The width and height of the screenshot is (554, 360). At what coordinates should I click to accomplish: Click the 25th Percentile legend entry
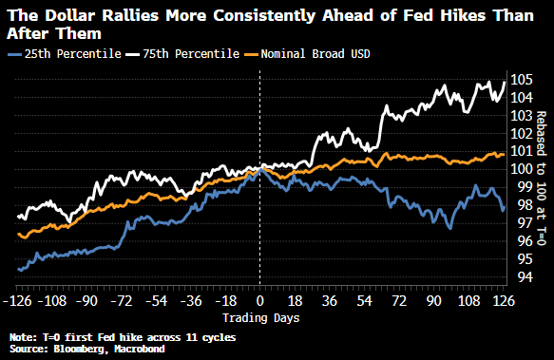point(65,54)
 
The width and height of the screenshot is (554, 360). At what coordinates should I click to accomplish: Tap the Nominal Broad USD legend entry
point(307,54)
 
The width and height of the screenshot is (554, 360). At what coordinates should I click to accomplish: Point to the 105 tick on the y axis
point(522,80)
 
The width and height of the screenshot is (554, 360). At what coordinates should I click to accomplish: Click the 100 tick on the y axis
point(522,169)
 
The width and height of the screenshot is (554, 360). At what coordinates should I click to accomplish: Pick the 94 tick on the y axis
point(518,277)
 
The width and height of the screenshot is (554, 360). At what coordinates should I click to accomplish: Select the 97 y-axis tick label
point(518,223)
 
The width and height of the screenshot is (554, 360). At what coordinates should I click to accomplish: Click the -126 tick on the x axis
point(17,301)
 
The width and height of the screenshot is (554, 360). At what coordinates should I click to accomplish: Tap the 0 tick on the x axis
point(260,301)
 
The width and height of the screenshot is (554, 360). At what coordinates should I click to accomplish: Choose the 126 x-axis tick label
point(504,301)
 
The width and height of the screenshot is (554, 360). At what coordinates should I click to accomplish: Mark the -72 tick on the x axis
point(122,301)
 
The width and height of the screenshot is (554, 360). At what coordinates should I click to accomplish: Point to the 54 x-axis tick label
point(364,301)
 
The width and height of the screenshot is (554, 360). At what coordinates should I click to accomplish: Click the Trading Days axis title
point(261,318)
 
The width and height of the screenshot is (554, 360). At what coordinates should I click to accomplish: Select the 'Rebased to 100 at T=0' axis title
point(542,179)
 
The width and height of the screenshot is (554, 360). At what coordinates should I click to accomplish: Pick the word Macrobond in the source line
point(140,349)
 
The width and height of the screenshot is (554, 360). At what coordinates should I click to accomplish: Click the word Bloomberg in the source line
point(79,349)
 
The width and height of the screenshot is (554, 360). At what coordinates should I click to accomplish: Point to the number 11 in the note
point(191,337)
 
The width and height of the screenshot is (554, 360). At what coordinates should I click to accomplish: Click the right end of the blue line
point(504,208)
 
